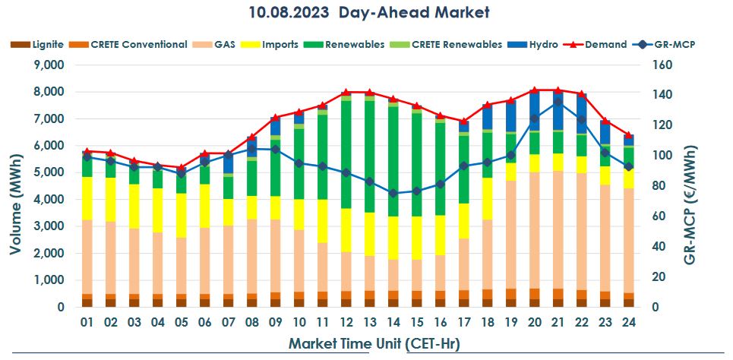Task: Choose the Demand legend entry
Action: (x=605, y=44)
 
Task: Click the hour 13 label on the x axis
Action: (x=369, y=322)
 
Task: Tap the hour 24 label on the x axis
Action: (x=628, y=322)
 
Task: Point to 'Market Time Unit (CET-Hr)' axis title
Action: (x=374, y=343)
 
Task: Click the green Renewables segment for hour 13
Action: (x=369, y=156)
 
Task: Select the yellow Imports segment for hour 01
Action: (x=87, y=199)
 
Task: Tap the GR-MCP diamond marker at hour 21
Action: (x=558, y=102)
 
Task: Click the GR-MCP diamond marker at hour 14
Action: (x=393, y=193)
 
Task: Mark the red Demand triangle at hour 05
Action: (x=181, y=168)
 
